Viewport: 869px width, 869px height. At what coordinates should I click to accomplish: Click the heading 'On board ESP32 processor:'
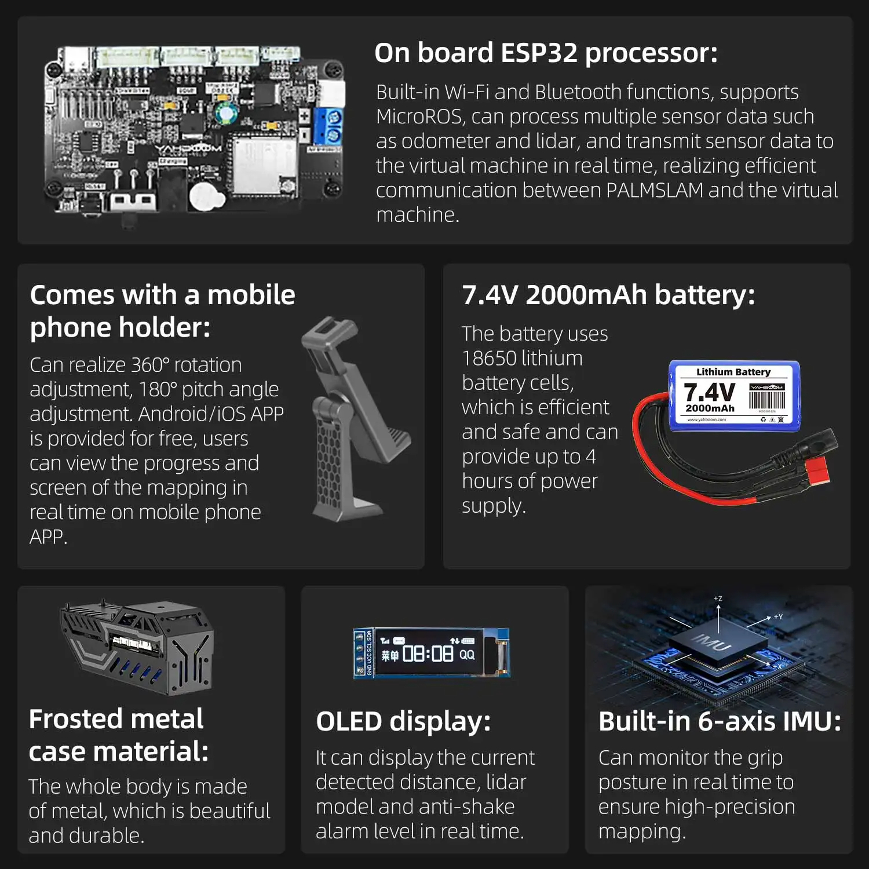(546, 53)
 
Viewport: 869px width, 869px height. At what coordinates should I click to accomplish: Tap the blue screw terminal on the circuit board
(328, 126)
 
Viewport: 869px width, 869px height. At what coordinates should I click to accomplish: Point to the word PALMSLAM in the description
(655, 191)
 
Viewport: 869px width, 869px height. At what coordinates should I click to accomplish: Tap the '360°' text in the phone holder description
(150, 365)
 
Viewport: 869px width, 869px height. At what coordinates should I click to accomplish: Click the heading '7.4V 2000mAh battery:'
(608, 295)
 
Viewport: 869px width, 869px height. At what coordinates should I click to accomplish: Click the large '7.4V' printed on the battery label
(709, 392)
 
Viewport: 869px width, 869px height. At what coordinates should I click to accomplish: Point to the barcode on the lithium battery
(766, 400)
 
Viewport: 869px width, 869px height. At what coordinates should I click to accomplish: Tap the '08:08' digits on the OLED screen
(428, 654)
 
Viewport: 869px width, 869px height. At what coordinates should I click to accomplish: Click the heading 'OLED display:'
(403, 722)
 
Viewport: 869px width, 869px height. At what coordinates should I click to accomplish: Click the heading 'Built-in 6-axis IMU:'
(720, 722)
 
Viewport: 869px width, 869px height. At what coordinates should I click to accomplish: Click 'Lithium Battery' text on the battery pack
(733, 372)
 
